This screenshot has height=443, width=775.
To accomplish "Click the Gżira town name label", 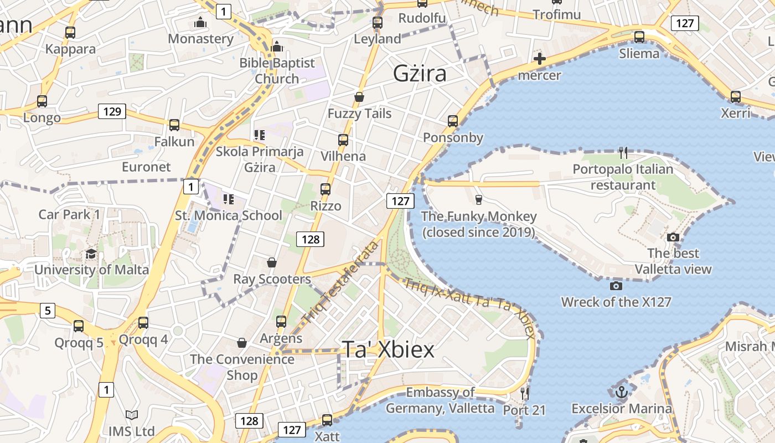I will tap(420, 73).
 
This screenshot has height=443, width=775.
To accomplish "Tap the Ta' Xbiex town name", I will tap(388, 349).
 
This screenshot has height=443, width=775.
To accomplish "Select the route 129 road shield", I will tap(112, 111).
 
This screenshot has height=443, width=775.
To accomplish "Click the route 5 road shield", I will tap(48, 311).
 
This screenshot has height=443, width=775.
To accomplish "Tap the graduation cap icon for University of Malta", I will tap(91, 254).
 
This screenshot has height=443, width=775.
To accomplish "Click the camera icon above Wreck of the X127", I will tap(616, 286).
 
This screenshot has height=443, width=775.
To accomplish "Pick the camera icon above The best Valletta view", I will tap(673, 237).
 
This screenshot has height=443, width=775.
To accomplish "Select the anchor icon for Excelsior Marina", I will tap(622, 392).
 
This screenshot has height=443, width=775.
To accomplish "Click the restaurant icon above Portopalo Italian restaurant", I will tap(623, 153).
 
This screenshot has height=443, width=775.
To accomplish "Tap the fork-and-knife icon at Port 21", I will tap(524, 394).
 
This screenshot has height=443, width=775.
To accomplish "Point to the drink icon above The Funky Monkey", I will tap(479, 199).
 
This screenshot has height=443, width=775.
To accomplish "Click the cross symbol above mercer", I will tap(539, 59).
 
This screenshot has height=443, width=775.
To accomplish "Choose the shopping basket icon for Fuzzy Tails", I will tap(359, 97).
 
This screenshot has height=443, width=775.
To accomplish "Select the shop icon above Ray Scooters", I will tap(272, 262).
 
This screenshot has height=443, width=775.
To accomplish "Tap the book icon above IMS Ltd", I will tap(131, 415).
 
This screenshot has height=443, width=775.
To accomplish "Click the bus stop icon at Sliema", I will tap(639, 37).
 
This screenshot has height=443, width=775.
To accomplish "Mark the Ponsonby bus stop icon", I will tap(453, 121).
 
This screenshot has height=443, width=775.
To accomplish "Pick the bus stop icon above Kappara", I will tap(70, 33).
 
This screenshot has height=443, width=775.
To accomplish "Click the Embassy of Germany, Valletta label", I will tap(440, 400).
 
